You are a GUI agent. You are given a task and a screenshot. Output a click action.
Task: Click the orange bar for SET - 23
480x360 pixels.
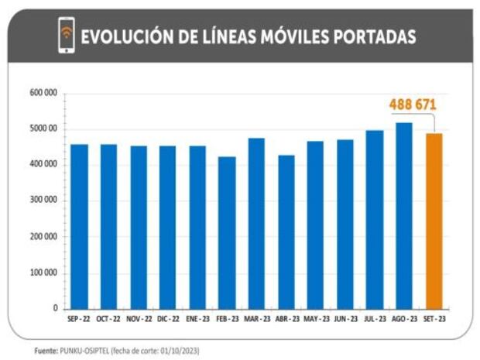pyautogui.click(x=435, y=221)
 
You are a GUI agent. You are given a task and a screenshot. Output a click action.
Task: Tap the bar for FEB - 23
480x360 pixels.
pyautogui.click(x=227, y=232)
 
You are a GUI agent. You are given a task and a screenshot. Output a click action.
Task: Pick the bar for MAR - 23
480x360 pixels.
pyautogui.click(x=257, y=223)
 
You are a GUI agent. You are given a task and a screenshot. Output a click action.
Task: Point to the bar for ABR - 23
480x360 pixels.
pyautogui.click(x=286, y=231)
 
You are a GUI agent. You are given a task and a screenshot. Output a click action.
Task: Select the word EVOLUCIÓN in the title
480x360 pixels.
pyautogui.click(x=123, y=36)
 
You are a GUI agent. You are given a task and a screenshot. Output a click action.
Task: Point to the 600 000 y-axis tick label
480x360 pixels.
pyautogui.click(x=44, y=93)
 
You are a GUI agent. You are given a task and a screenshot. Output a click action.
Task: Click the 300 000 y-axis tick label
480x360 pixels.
pyautogui.click(x=44, y=201)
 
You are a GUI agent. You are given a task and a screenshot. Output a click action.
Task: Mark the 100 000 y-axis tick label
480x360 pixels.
pyautogui.click(x=44, y=273)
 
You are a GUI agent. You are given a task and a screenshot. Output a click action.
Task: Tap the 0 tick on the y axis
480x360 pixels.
pyautogui.click(x=55, y=308)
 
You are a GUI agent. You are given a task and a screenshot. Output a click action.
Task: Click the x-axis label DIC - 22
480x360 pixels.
pyautogui.click(x=168, y=319)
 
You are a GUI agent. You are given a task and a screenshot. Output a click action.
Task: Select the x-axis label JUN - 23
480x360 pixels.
pyautogui.click(x=346, y=319)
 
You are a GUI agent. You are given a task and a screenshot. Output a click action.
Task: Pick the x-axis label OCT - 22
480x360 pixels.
pyautogui.click(x=108, y=319)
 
